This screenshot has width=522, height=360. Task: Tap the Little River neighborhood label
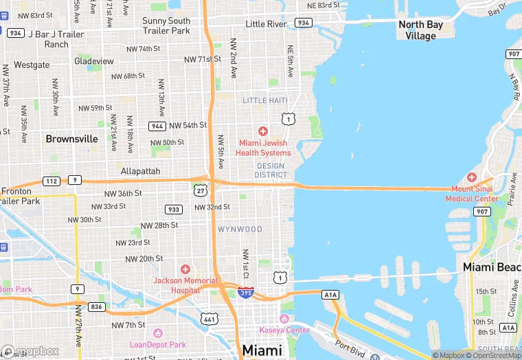(265, 24)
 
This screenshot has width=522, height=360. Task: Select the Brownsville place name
(71, 139)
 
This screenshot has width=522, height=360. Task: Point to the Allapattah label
(140, 171)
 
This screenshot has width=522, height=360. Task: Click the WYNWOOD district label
(240, 229)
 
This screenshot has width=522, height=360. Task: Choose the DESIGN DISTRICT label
(271, 170)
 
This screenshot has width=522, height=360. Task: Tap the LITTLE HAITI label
(264, 101)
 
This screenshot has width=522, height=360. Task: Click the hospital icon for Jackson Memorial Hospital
(185, 269)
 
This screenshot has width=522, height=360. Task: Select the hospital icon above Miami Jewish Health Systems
(262, 131)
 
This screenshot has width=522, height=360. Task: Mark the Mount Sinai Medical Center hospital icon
(472, 177)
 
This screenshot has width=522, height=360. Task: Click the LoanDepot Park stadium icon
(157, 333)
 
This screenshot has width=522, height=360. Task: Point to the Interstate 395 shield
(245, 293)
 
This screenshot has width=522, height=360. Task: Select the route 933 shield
(174, 210)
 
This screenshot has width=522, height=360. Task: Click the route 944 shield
(157, 126)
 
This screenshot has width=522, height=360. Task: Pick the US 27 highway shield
(200, 189)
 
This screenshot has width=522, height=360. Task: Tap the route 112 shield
(52, 181)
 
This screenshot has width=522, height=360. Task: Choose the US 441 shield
(209, 319)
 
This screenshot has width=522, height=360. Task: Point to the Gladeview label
(93, 61)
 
